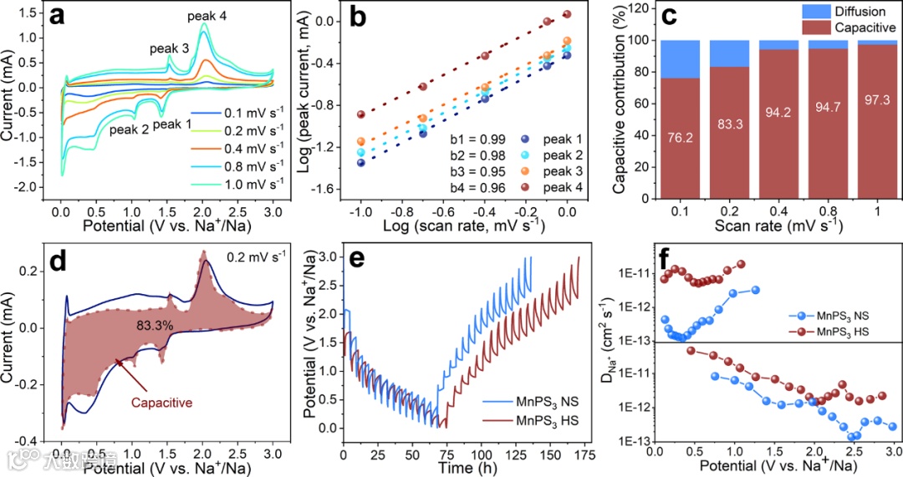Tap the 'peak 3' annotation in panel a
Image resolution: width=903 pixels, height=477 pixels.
(x=169, y=48)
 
